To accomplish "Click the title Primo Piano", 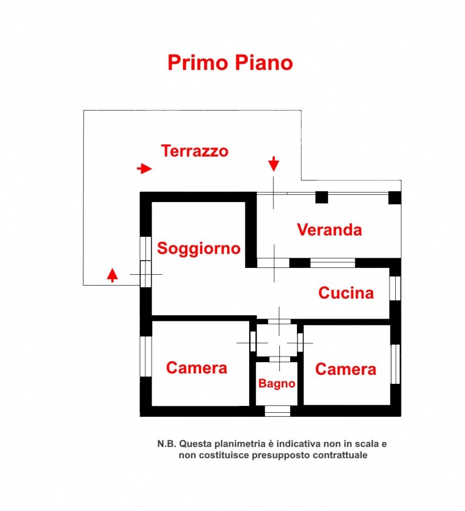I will point(230,62).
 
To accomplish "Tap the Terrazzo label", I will point(195,151).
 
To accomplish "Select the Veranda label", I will point(329,230).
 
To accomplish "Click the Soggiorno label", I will point(199,249).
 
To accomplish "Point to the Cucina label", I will point(346,293).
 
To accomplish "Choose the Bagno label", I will point(277,384).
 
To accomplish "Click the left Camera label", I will point(196,368).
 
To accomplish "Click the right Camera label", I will point(345,370).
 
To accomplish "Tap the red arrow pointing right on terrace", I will point(145,169).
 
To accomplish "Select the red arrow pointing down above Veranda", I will point(274,164).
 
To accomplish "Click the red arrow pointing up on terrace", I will point(113,275).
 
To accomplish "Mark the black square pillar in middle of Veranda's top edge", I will point(321,197).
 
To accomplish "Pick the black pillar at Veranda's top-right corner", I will point(395,197).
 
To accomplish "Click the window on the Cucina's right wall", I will point(395,288).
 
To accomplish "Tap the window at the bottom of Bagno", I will point(277,411).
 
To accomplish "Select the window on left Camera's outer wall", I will point(146,356).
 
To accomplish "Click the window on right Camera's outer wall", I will point(395,364).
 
